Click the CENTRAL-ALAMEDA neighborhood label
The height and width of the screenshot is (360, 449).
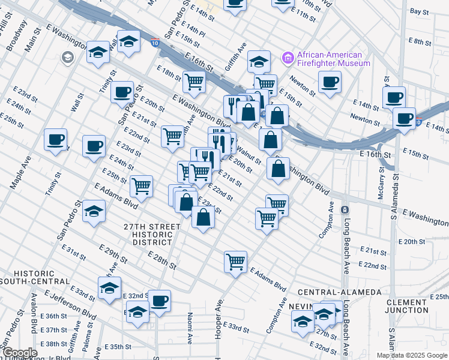coord(340,292)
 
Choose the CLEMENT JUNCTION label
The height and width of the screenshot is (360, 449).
coord(416,306)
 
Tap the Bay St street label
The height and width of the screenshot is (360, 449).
coord(418,11)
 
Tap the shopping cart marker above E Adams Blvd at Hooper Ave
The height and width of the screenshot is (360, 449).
coord(235,260)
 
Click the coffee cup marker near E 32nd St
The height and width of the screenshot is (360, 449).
coord(159,300)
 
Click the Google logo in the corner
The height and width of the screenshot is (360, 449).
coord(19,353)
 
